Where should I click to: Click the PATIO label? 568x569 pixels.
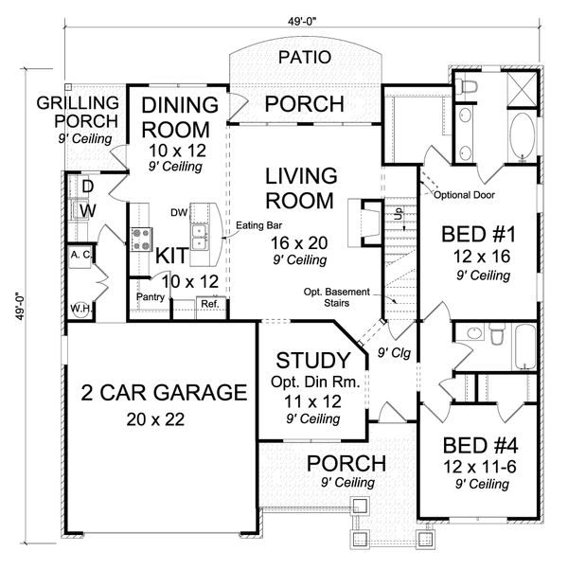pos(305,57)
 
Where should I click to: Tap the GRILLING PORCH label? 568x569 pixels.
pos(78,112)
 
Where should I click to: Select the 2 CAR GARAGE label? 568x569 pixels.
pos(164,392)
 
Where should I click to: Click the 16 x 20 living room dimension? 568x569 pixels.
pos(299,242)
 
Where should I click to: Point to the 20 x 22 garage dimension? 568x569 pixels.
pos(155,419)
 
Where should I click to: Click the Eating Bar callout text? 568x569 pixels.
pos(258,225)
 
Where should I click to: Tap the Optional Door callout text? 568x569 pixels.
pos(464,195)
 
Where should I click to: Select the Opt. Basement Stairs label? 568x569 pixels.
pos(336,297)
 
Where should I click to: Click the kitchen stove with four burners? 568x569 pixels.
pos(142,240)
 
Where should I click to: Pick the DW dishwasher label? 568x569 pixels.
pos(179,213)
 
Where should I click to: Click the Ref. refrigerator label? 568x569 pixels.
pos(210,304)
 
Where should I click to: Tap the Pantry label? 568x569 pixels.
pos(151,297)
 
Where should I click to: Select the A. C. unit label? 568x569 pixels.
pos(80,255)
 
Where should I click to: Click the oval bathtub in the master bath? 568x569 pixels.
pos(523,136)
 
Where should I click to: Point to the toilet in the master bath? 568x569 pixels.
pos(467,87)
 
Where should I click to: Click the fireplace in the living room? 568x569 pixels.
pos(365,222)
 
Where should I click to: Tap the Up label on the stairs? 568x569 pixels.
pos(399,213)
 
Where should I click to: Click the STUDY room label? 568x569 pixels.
pos(312,361)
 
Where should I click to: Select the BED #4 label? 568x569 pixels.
pos(480,445)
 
